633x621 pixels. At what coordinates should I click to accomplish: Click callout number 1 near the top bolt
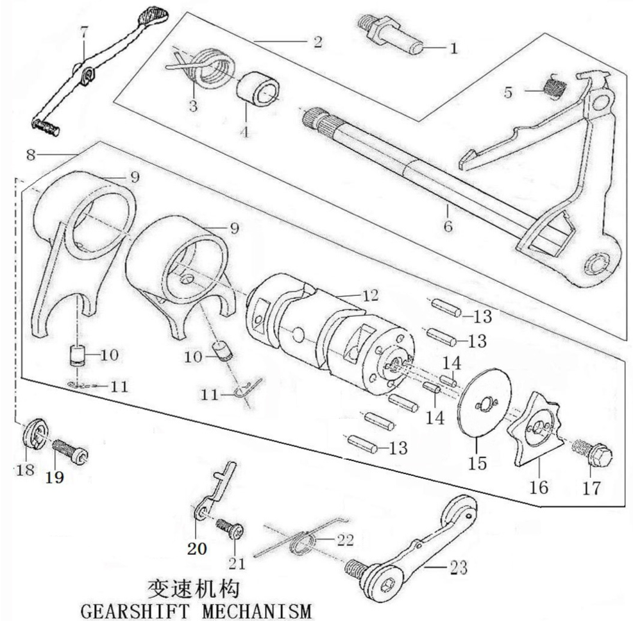[x=454, y=47]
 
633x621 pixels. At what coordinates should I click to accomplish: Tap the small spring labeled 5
[x=552, y=86]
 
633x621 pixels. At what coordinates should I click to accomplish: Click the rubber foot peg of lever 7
[x=46, y=126]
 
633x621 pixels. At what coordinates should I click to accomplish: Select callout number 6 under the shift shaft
[x=447, y=226]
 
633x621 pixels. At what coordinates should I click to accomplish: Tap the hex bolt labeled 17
[x=594, y=454]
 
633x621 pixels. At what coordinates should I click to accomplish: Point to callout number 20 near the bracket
[x=196, y=549]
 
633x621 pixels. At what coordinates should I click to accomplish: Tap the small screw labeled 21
[x=231, y=529]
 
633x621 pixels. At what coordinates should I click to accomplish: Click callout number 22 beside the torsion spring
[x=345, y=540]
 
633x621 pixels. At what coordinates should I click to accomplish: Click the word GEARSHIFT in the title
[x=128, y=610]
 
